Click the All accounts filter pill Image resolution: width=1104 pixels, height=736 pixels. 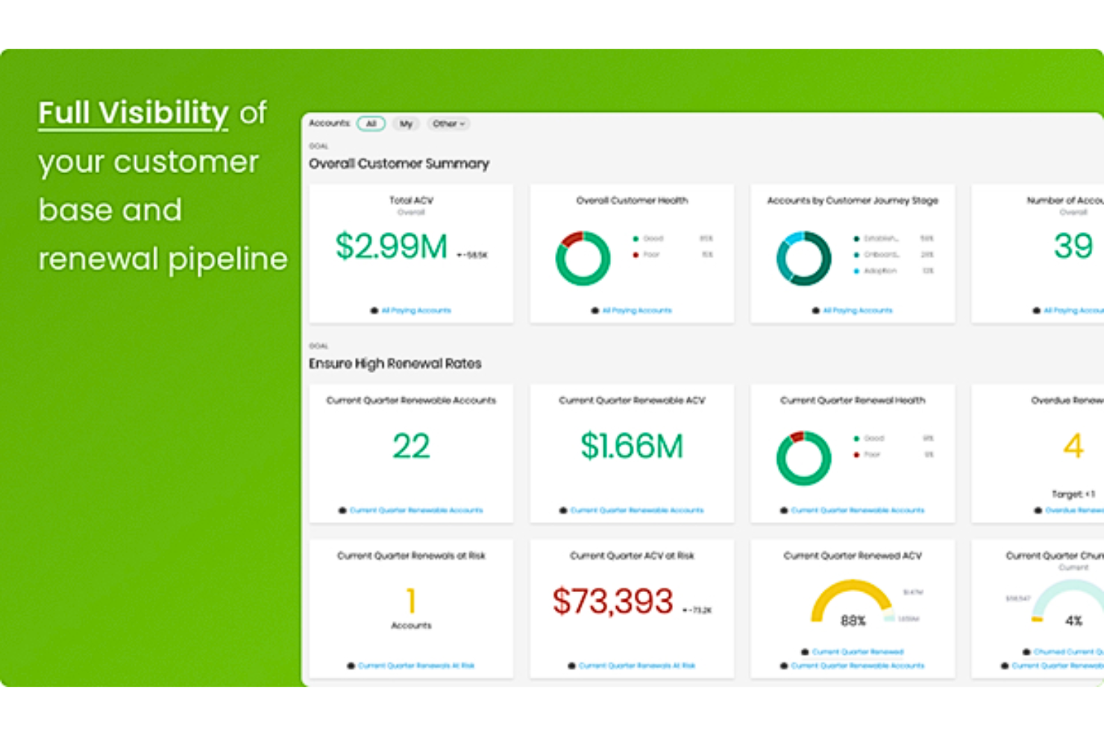371,124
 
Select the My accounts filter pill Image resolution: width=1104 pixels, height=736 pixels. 406,124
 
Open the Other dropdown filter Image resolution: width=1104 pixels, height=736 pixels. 448,124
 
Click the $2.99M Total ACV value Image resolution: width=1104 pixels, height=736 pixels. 391,247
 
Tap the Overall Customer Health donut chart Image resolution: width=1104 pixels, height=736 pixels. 583,258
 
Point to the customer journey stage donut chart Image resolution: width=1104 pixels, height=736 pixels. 803,258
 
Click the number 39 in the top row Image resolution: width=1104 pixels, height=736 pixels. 1073,246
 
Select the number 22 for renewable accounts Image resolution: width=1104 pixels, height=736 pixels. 411,447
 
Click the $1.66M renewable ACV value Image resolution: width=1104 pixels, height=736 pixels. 632,447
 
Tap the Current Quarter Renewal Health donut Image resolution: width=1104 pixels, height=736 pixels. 803,458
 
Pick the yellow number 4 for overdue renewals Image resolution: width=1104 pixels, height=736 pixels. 1073,447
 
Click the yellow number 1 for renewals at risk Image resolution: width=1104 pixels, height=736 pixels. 411,601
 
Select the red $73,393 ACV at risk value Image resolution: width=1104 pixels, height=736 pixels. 612,601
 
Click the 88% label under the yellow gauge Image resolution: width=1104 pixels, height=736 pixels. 853,620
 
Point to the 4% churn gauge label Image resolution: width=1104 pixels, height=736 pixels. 1073,620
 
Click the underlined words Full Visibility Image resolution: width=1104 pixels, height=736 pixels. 134,113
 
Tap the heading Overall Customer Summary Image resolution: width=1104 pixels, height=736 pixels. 399,163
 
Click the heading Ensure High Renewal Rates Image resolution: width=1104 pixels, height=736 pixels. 395,364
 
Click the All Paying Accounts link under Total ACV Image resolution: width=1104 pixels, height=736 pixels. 416,310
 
